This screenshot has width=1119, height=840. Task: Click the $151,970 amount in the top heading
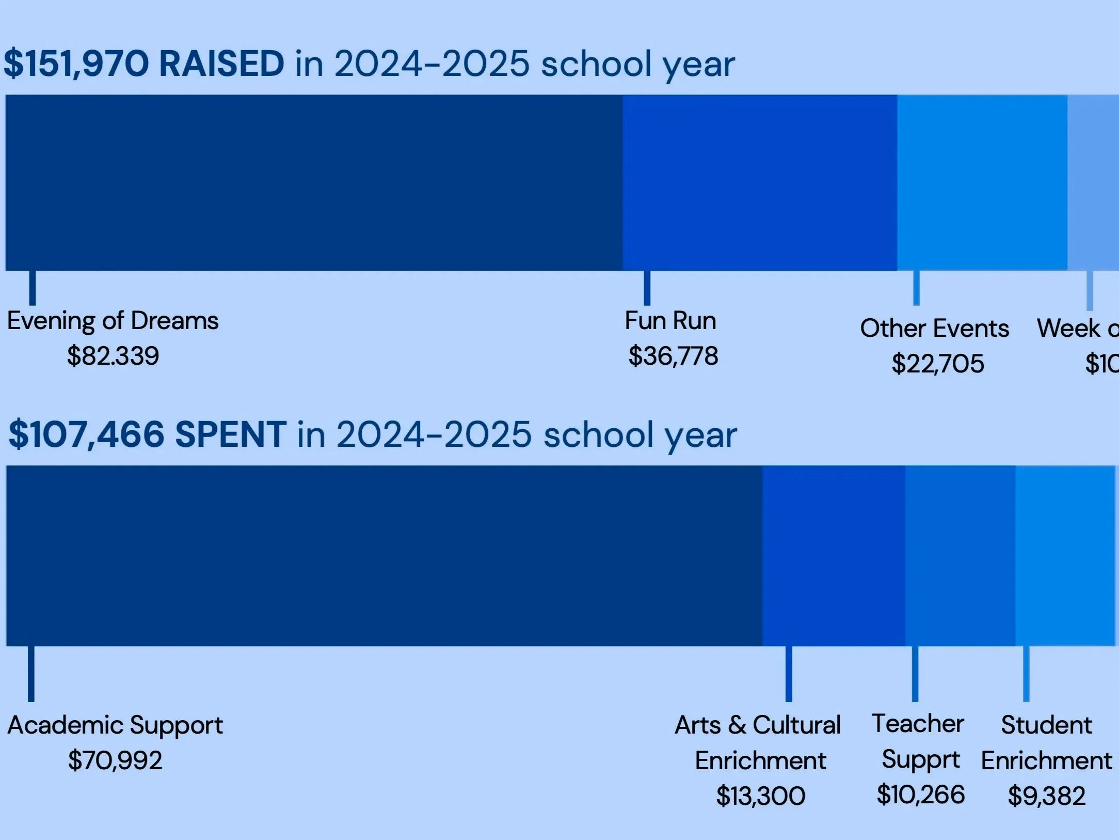point(76,65)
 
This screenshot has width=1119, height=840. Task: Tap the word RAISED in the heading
point(222,65)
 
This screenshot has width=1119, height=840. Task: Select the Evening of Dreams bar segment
point(314,182)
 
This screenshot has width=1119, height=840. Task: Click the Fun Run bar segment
point(760,182)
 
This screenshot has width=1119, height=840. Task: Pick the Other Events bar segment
point(982,182)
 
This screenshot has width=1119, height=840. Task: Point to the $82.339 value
point(113,356)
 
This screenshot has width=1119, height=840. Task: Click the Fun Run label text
point(670,321)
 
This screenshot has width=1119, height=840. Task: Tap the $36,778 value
point(673,356)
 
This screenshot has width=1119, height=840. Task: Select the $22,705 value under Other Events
point(938,364)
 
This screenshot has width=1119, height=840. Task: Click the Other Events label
point(934,329)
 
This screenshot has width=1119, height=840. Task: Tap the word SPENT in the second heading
point(230,435)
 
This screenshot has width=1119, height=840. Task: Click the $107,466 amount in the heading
point(87,435)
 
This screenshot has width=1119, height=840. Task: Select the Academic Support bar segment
point(384,556)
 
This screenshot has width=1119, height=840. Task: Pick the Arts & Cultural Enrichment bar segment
point(833,556)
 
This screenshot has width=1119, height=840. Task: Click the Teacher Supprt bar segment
point(960,556)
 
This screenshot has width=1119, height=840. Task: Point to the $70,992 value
point(115,760)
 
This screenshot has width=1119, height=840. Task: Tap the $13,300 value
point(760,796)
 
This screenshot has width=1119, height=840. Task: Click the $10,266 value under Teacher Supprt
point(920,795)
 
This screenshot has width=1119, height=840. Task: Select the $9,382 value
point(1046,796)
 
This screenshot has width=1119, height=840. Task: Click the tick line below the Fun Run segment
point(647,288)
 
